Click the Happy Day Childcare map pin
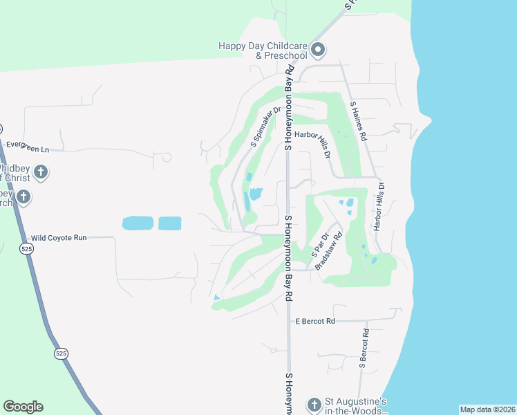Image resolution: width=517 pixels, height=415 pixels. (318, 49)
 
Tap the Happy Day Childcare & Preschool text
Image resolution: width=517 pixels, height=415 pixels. (262, 50)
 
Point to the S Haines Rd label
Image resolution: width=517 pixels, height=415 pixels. (357, 121)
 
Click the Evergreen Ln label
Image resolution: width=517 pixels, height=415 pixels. (28, 148)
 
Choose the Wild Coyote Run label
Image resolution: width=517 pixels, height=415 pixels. (59, 237)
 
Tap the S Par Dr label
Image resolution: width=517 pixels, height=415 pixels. (319, 243)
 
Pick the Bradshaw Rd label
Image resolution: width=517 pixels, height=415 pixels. (328, 251)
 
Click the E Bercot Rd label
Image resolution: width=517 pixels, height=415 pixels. (314, 322)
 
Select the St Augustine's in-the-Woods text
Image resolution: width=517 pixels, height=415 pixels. (355, 406)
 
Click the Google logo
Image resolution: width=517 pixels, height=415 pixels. (23, 407)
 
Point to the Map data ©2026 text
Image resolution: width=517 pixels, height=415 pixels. (487, 409)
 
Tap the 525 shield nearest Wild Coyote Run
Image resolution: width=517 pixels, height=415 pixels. (26, 248)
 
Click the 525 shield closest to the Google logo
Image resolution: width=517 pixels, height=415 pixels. (62, 353)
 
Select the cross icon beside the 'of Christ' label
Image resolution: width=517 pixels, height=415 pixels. (41, 172)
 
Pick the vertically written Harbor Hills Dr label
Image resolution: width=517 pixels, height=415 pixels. (379, 206)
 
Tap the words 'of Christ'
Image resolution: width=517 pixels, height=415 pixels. (15, 178)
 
